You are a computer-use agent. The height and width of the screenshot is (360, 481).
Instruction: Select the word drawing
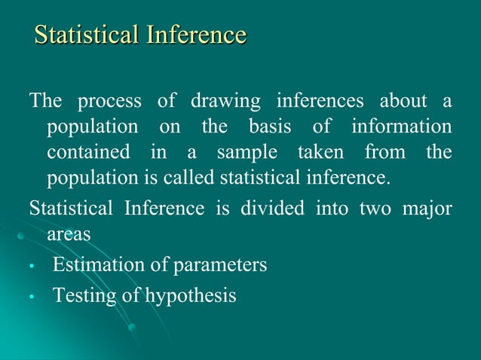pos(225,101)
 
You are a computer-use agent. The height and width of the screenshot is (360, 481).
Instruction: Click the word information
pos(402,127)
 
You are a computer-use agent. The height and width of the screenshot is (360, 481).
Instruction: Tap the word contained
pos(88,152)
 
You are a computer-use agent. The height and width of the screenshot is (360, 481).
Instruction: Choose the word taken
pos(319,152)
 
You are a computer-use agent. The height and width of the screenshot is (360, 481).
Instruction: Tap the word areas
pos(69,235)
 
